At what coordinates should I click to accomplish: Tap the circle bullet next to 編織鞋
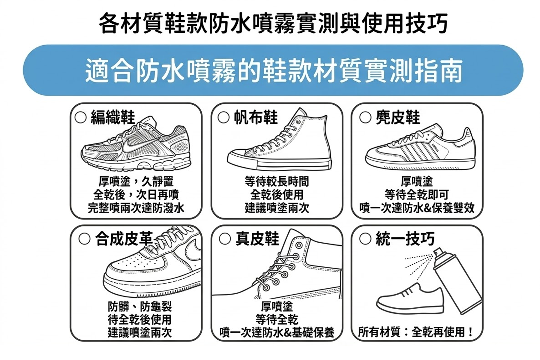80,117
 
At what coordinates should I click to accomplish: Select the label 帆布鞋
256,117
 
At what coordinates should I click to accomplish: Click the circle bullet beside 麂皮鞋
365,117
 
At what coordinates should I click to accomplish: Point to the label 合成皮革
124,239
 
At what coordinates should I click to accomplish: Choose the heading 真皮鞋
257,239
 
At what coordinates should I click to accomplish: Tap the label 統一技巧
405,239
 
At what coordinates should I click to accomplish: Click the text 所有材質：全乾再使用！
416,332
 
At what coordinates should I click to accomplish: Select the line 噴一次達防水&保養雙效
417,208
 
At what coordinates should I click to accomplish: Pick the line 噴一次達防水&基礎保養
277,332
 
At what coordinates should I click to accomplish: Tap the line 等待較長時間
277,181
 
